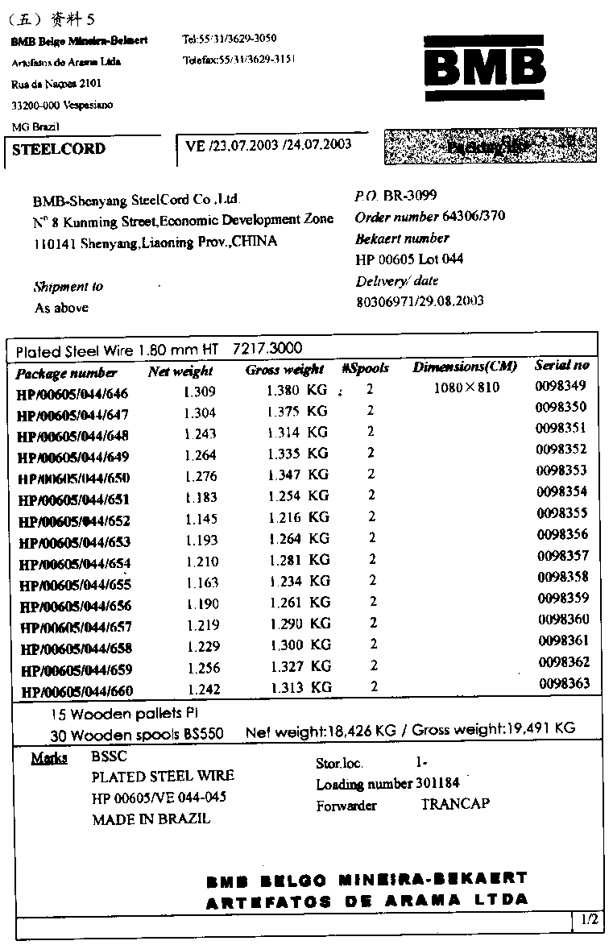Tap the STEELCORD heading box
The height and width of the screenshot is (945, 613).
pyautogui.click(x=59, y=149)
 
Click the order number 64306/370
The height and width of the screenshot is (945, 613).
pyautogui.click(x=474, y=217)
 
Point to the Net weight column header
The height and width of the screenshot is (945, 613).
pyautogui.click(x=180, y=371)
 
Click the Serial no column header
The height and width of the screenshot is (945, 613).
pyautogui.click(x=561, y=365)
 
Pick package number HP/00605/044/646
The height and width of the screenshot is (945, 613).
pyautogui.click(x=72, y=394)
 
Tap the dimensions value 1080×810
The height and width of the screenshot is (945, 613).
pyautogui.click(x=466, y=388)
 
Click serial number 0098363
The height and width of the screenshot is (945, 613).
pyautogui.click(x=563, y=683)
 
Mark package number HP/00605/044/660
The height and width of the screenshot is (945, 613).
pyautogui.click(x=77, y=691)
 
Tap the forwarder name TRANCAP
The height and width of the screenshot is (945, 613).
pyautogui.click(x=455, y=804)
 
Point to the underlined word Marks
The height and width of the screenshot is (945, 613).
pyautogui.click(x=49, y=758)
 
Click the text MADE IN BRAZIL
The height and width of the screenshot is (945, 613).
pyautogui.click(x=151, y=819)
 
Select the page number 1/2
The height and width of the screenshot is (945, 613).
pyautogui.click(x=589, y=919)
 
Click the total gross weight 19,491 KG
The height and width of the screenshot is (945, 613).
pyautogui.click(x=541, y=728)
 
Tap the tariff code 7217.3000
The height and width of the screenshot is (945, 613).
pyautogui.click(x=267, y=349)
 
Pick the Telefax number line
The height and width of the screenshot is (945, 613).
pyautogui.click(x=239, y=59)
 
